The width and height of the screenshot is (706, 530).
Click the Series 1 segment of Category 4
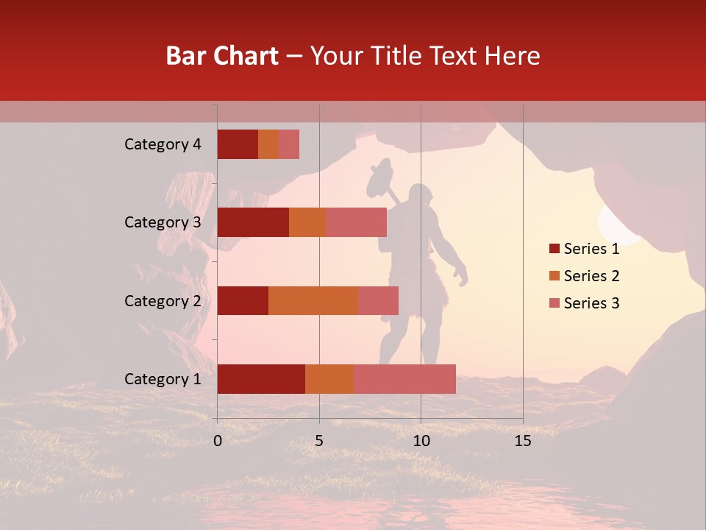pyautogui.click(x=238, y=144)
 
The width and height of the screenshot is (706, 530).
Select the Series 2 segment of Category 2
pyautogui.click(x=313, y=300)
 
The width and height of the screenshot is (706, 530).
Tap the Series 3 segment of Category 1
pyautogui.click(x=404, y=379)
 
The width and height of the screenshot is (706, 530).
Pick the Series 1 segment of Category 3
pyautogui.click(x=253, y=222)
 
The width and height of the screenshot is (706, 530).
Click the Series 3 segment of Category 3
pyautogui.click(x=356, y=222)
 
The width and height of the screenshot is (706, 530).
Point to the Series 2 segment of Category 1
pyautogui.click(x=329, y=379)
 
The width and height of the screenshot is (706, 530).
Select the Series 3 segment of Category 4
pyautogui.click(x=289, y=144)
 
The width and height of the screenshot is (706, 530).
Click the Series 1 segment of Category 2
pyautogui.click(x=243, y=300)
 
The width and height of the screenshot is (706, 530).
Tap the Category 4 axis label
pyautogui.click(x=163, y=144)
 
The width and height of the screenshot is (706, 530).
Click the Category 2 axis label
pyautogui.click(x=163, y=300)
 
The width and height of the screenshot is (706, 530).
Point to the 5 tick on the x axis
pyautogui.click(x=319, y=441)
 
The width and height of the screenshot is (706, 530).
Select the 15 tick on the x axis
pyautogui.click(x=522, y=441)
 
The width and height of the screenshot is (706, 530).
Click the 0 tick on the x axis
pyautogui.click(x=218, y=441)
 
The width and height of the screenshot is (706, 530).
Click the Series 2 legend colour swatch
pyautogui.click(x=555, y=276)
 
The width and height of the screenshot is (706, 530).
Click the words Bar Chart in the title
pyautogui.click(x=222, y=55)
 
